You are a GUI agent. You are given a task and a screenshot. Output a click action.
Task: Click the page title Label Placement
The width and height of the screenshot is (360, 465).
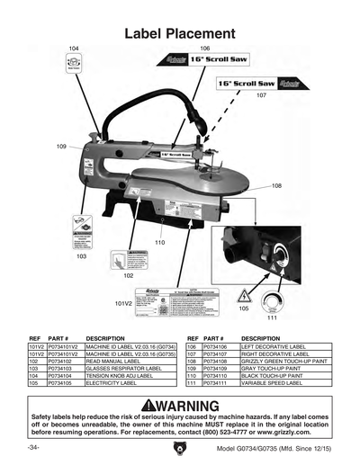coord(180,33)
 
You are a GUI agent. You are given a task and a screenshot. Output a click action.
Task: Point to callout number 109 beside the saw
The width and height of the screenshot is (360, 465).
coord(61,146)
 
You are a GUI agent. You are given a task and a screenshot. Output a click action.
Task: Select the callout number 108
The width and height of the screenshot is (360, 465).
coord(277,185)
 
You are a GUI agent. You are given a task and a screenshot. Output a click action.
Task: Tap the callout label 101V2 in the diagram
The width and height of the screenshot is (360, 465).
coord(123,304)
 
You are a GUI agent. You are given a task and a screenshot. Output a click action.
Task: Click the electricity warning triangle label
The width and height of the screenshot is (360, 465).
coord(243,296)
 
